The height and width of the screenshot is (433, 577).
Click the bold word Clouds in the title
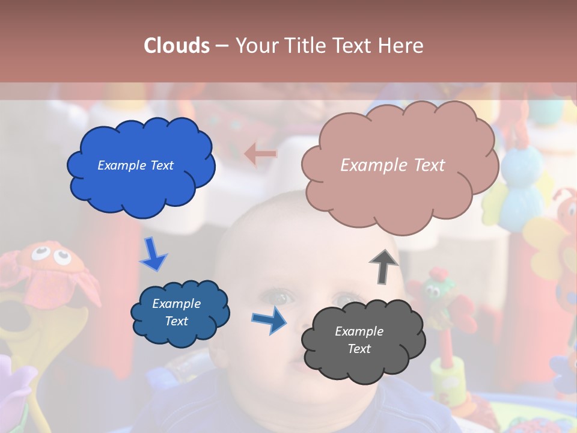177,46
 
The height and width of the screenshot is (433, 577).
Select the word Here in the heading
401,46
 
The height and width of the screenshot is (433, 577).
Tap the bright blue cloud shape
141,165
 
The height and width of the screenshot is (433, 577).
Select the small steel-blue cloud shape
180,313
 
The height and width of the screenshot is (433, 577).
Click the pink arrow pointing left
261,155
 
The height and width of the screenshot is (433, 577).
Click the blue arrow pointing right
269,319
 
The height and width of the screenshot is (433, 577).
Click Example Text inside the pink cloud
392,165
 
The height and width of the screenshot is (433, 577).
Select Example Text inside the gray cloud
359,340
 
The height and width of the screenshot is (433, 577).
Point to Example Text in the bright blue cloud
135,165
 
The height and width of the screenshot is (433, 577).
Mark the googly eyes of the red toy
50,256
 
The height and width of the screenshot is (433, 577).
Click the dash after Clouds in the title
221,46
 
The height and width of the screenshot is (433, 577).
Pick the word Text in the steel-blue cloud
177,321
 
